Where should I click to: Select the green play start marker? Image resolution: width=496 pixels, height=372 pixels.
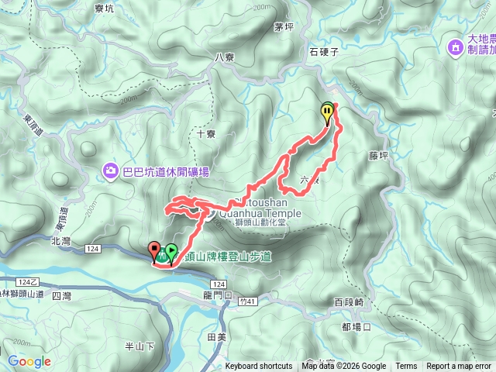170,253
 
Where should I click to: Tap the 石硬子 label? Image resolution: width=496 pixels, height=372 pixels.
324,53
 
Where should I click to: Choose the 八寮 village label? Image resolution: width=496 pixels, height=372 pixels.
225,57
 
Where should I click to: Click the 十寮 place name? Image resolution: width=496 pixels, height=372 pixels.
206,133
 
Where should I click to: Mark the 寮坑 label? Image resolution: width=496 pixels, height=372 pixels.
103,9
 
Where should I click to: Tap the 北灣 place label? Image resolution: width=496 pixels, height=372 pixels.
61,241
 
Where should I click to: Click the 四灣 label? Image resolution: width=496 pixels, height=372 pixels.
60,296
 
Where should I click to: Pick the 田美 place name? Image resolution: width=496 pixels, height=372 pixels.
216,337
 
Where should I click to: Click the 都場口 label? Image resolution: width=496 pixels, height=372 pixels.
356,327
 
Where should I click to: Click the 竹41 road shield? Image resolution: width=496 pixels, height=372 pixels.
247,301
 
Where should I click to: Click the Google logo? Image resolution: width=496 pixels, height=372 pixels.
29,361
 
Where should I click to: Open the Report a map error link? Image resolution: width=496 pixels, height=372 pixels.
459,367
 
